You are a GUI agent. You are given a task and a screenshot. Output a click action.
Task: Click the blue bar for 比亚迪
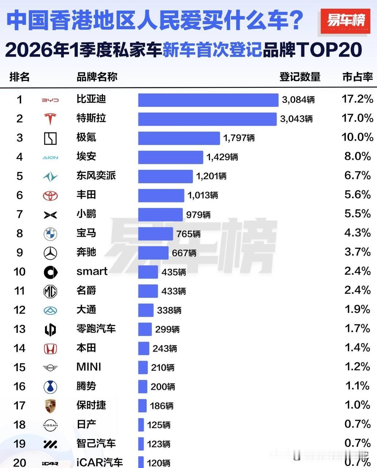208,100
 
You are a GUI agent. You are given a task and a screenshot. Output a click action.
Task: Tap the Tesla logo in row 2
50,119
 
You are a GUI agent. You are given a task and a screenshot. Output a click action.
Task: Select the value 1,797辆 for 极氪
239,138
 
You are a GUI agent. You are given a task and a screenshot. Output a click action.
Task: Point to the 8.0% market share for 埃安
357,156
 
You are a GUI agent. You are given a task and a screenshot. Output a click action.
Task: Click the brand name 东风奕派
96,175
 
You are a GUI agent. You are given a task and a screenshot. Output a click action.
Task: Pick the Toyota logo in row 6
50,196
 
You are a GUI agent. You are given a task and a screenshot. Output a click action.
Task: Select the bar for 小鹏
160,215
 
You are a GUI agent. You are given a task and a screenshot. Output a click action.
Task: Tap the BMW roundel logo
50,234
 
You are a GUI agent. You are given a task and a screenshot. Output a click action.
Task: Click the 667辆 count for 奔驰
184,253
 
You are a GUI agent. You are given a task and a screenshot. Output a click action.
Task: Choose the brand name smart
92,271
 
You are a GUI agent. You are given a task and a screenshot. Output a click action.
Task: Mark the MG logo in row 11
50,291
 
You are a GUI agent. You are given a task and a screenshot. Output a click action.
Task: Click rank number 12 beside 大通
19,310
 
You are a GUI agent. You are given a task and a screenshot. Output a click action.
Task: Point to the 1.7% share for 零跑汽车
357,328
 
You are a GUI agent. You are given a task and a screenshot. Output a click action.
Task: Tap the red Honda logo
50,349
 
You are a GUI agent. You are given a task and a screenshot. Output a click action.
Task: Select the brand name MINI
89,367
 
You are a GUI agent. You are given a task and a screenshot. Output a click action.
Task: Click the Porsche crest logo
50,406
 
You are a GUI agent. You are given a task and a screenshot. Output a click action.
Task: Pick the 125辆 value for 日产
159,425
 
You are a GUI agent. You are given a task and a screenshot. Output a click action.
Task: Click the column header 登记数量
300,77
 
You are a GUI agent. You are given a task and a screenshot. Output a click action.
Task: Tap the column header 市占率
357,77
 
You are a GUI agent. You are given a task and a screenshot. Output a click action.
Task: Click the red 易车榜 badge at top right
346,21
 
